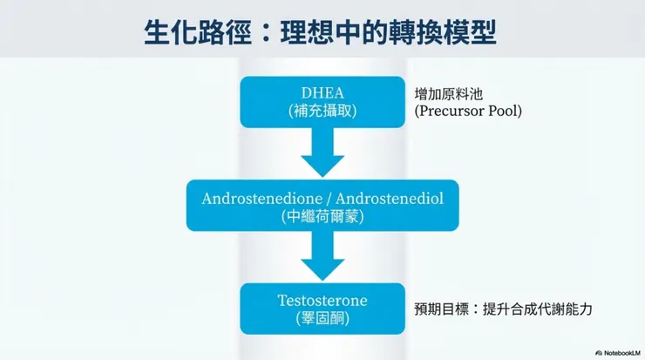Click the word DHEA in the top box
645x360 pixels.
point(322,93)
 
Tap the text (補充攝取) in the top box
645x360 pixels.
point(322,112)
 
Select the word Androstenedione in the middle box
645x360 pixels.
point(255,198)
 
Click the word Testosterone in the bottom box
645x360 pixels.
point(322,301)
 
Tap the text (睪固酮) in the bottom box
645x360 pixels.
point(322,319)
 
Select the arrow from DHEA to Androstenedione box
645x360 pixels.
point(322,154)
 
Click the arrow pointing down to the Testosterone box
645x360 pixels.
point(322,257)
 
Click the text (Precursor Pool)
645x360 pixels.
point(468,112)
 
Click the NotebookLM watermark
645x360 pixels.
point(618,352)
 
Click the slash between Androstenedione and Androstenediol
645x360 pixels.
point(322,198)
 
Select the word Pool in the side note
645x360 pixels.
point(504,112)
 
